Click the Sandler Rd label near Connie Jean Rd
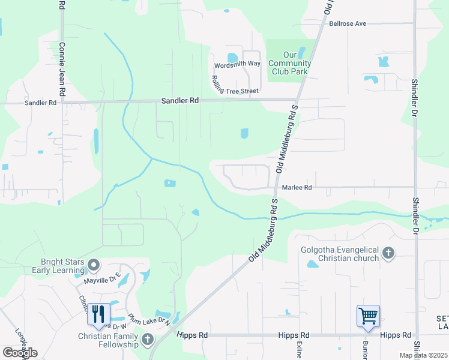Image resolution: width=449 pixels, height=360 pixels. (x=40, y=103)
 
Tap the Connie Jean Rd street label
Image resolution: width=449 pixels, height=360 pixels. (x=62, y=69)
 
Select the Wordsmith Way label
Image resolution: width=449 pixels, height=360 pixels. (x=238, y=64)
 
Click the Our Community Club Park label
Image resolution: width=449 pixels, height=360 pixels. (x=289, y=64)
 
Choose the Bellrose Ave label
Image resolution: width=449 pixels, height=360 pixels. (x=348, y=24)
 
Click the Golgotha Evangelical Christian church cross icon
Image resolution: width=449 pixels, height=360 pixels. (x=388, y=253)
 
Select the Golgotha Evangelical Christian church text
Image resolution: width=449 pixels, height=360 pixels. (x=341, y=253)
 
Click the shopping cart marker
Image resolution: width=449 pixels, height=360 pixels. (x=368, y=315)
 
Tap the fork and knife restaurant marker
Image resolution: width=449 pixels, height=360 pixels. (x=98, y=314)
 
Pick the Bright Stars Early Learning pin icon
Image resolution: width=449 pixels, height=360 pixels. (x=93, y=265)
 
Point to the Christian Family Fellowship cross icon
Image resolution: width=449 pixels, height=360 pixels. (x=148, y=340)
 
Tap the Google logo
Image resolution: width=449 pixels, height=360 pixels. (x=20, y=352)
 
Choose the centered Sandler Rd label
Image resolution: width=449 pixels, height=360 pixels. (x=179, y=101)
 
